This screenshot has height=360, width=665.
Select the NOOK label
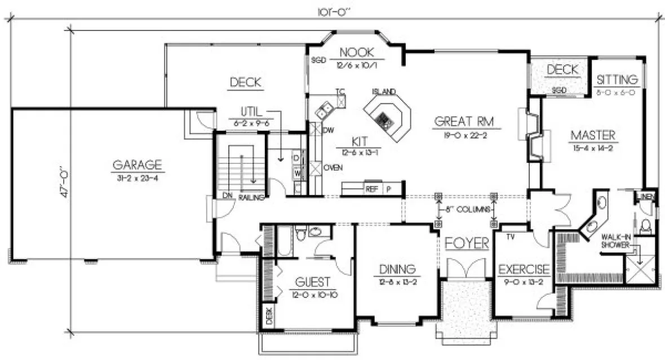356,52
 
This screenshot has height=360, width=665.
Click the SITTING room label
617,79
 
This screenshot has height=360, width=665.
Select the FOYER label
466,243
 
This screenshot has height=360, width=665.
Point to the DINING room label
397,269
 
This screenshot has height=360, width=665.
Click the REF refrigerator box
371,189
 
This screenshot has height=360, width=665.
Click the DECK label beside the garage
245,83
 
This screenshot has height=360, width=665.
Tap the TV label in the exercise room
511,237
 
